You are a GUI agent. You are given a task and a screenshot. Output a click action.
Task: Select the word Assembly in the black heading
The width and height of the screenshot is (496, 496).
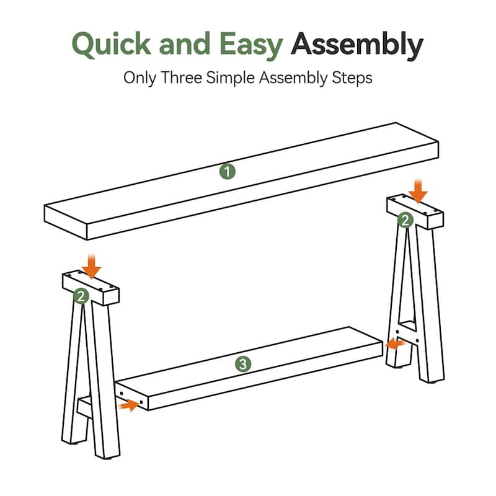click(358, 45)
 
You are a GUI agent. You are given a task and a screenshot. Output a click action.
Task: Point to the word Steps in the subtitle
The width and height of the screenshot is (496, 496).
click(352, 79)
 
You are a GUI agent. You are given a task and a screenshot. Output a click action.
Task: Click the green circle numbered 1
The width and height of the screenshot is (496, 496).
click(228, 172)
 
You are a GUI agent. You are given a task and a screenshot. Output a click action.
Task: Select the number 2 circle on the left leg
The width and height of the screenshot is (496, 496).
click(81, 296)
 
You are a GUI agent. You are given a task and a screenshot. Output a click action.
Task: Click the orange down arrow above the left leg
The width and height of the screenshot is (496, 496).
click(92, 267)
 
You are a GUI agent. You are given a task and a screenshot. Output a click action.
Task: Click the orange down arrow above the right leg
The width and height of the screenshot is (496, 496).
click(418, 190)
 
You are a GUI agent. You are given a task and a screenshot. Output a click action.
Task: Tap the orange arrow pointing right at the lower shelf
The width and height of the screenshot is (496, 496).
click(128, 405)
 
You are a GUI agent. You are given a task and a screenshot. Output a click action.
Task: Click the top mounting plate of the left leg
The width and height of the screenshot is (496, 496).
click(91, 286)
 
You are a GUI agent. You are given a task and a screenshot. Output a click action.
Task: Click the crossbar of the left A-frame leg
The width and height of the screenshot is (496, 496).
click(85, 407)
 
